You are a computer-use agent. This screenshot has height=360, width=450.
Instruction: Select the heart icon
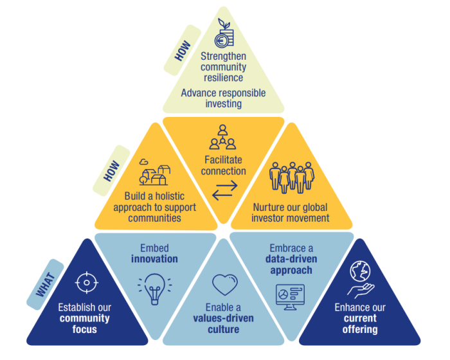click(x=224, y=283)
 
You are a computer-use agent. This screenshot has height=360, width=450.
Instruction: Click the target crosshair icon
click(x=85, y=282)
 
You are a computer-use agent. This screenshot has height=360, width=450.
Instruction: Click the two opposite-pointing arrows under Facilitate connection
click(x=224, y=190)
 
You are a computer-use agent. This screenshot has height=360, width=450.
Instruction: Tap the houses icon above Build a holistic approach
click(x=154, y=172)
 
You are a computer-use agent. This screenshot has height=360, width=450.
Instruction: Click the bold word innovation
click(x=154, y=259)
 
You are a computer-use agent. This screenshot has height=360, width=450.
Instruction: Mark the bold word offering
click(x=360, y=330)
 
